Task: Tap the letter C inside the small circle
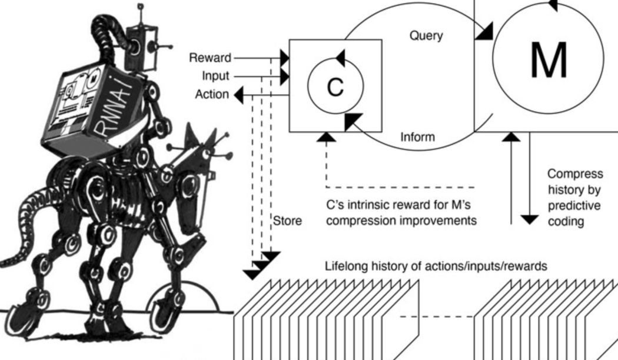(335, 88)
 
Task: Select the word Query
(426, 36)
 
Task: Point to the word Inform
(418, 138)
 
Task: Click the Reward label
(210, 58)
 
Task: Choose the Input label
(215, 76)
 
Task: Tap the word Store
(288, 222)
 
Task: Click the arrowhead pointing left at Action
(240, 94)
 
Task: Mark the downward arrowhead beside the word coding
(530, 219)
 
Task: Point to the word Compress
(575, 174)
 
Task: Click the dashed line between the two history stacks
(437, 316)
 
